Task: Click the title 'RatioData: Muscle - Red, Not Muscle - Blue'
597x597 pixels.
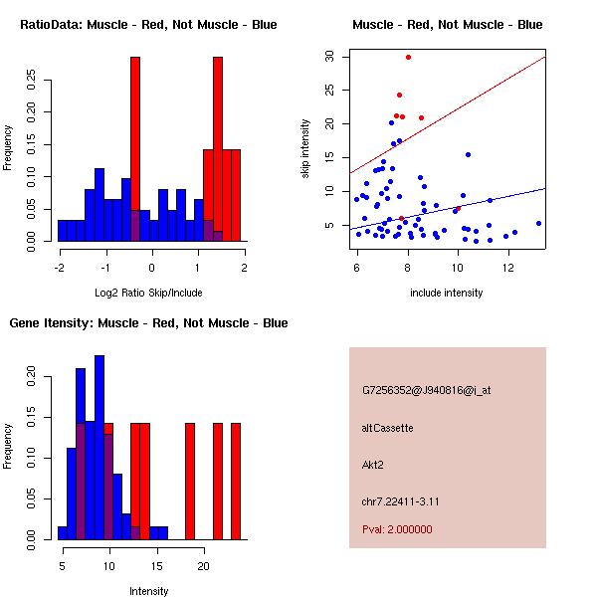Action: pyautogui.click(x=148, y=24)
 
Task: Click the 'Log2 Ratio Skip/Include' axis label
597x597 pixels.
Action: pyautogui.click(x=149, y=293)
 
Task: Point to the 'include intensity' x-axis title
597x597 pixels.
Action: pyautogui.click(x=448, y=293)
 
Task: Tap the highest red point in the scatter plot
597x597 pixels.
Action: pyautogui.click(x=408, y=58)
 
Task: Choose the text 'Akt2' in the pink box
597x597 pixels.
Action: pyautogui.click(x=373, y=464)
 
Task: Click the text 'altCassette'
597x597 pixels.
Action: pyautogui.click(x=388, y=428)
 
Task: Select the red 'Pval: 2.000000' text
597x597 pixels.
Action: pyautogui.click(x=397, y=529)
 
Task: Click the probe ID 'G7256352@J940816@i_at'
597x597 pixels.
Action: pyautogui.click(x=426, y=390)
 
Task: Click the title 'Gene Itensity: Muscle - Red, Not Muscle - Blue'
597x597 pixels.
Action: pyautogui.click(x=148, y=323)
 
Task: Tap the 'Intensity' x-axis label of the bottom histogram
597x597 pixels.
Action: pyautogui.click(x=149, y=591)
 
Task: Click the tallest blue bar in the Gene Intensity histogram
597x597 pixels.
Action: pyautogui.click(x=99, y=448)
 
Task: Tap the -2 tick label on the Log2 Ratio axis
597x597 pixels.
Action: pyautogui.click(x=60, y=267)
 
